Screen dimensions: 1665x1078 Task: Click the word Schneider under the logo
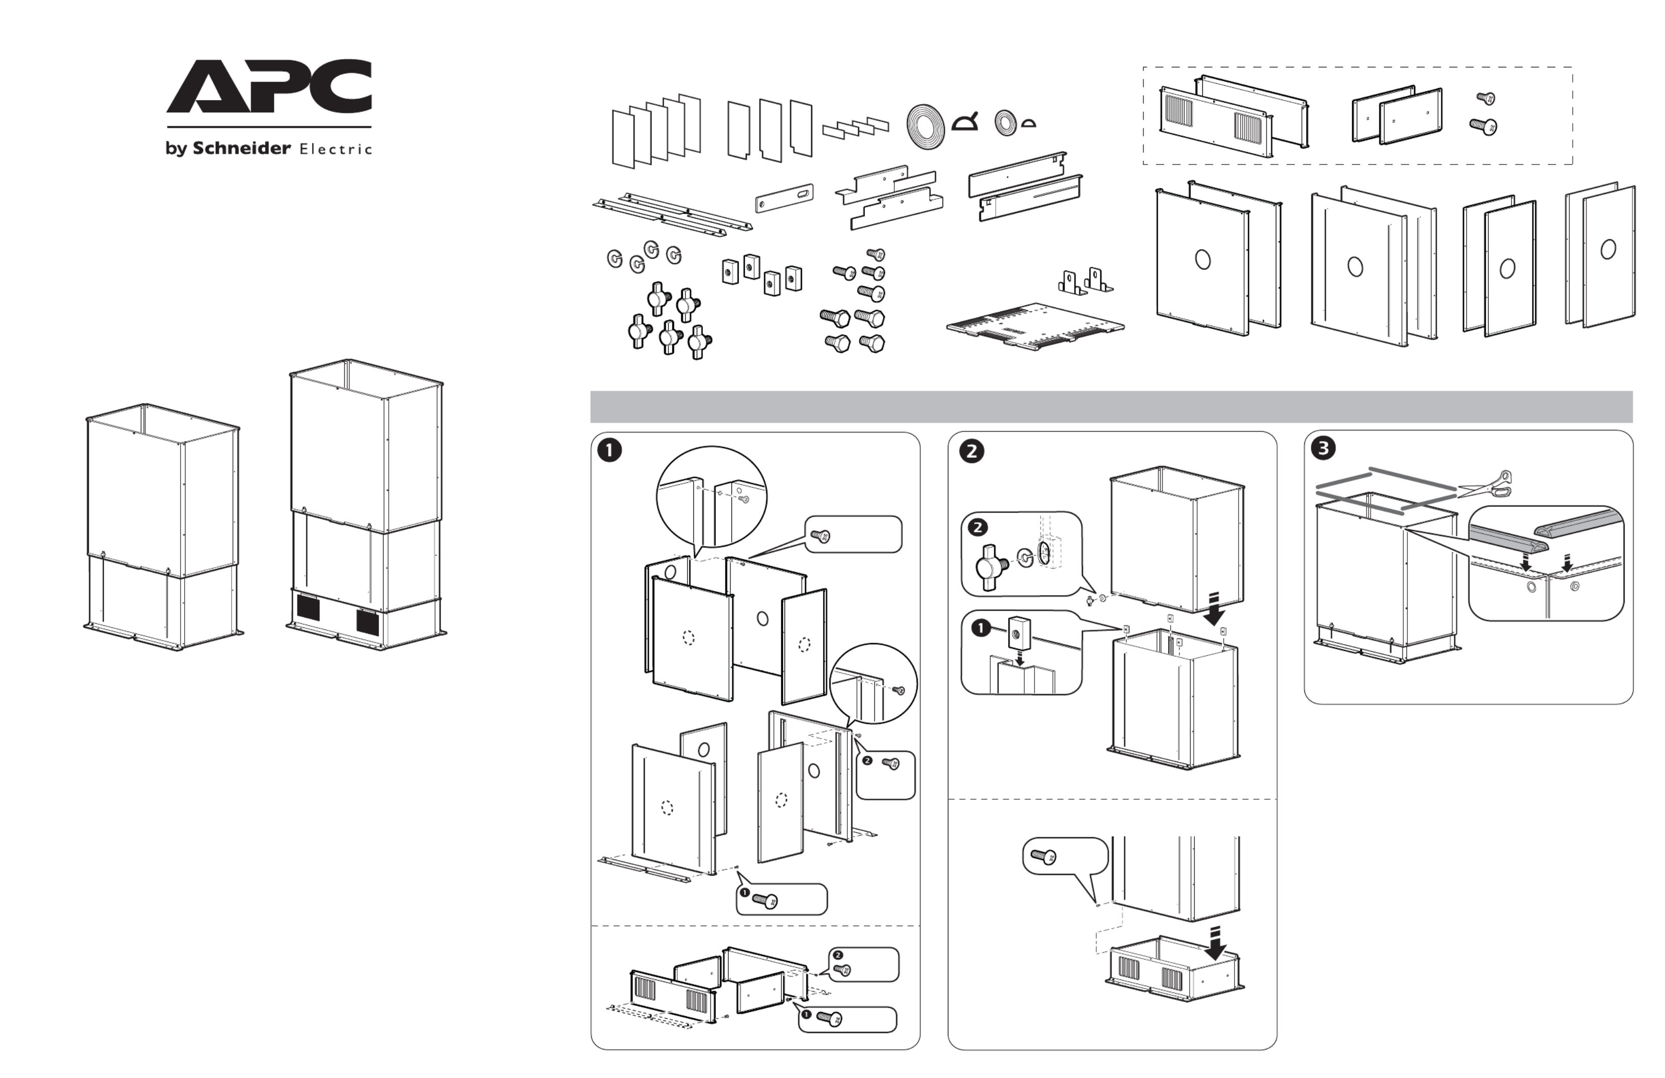coord(241,149)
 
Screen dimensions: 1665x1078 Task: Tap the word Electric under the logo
coord(335,149)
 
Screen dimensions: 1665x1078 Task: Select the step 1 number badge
coord(610,450)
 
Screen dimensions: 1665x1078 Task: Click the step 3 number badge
coord(1323,449)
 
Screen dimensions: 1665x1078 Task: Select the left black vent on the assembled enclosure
coord(308,607)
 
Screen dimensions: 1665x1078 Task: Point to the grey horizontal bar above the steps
coord(1111,407)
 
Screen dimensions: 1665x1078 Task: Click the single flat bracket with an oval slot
coord(784,198)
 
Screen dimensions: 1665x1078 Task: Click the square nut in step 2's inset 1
coord(1017,633)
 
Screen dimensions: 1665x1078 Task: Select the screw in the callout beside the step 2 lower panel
coord(1044,856)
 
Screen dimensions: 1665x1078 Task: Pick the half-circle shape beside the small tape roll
coord(1028,125)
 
